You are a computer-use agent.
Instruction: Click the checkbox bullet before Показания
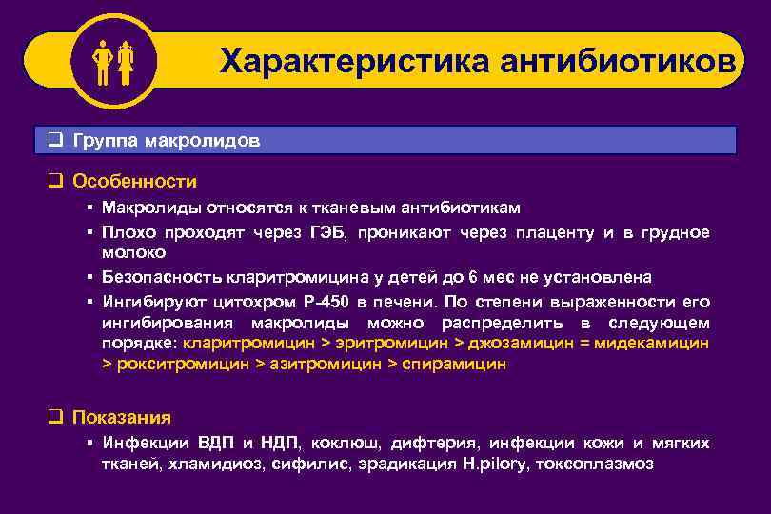coord(55,417)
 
